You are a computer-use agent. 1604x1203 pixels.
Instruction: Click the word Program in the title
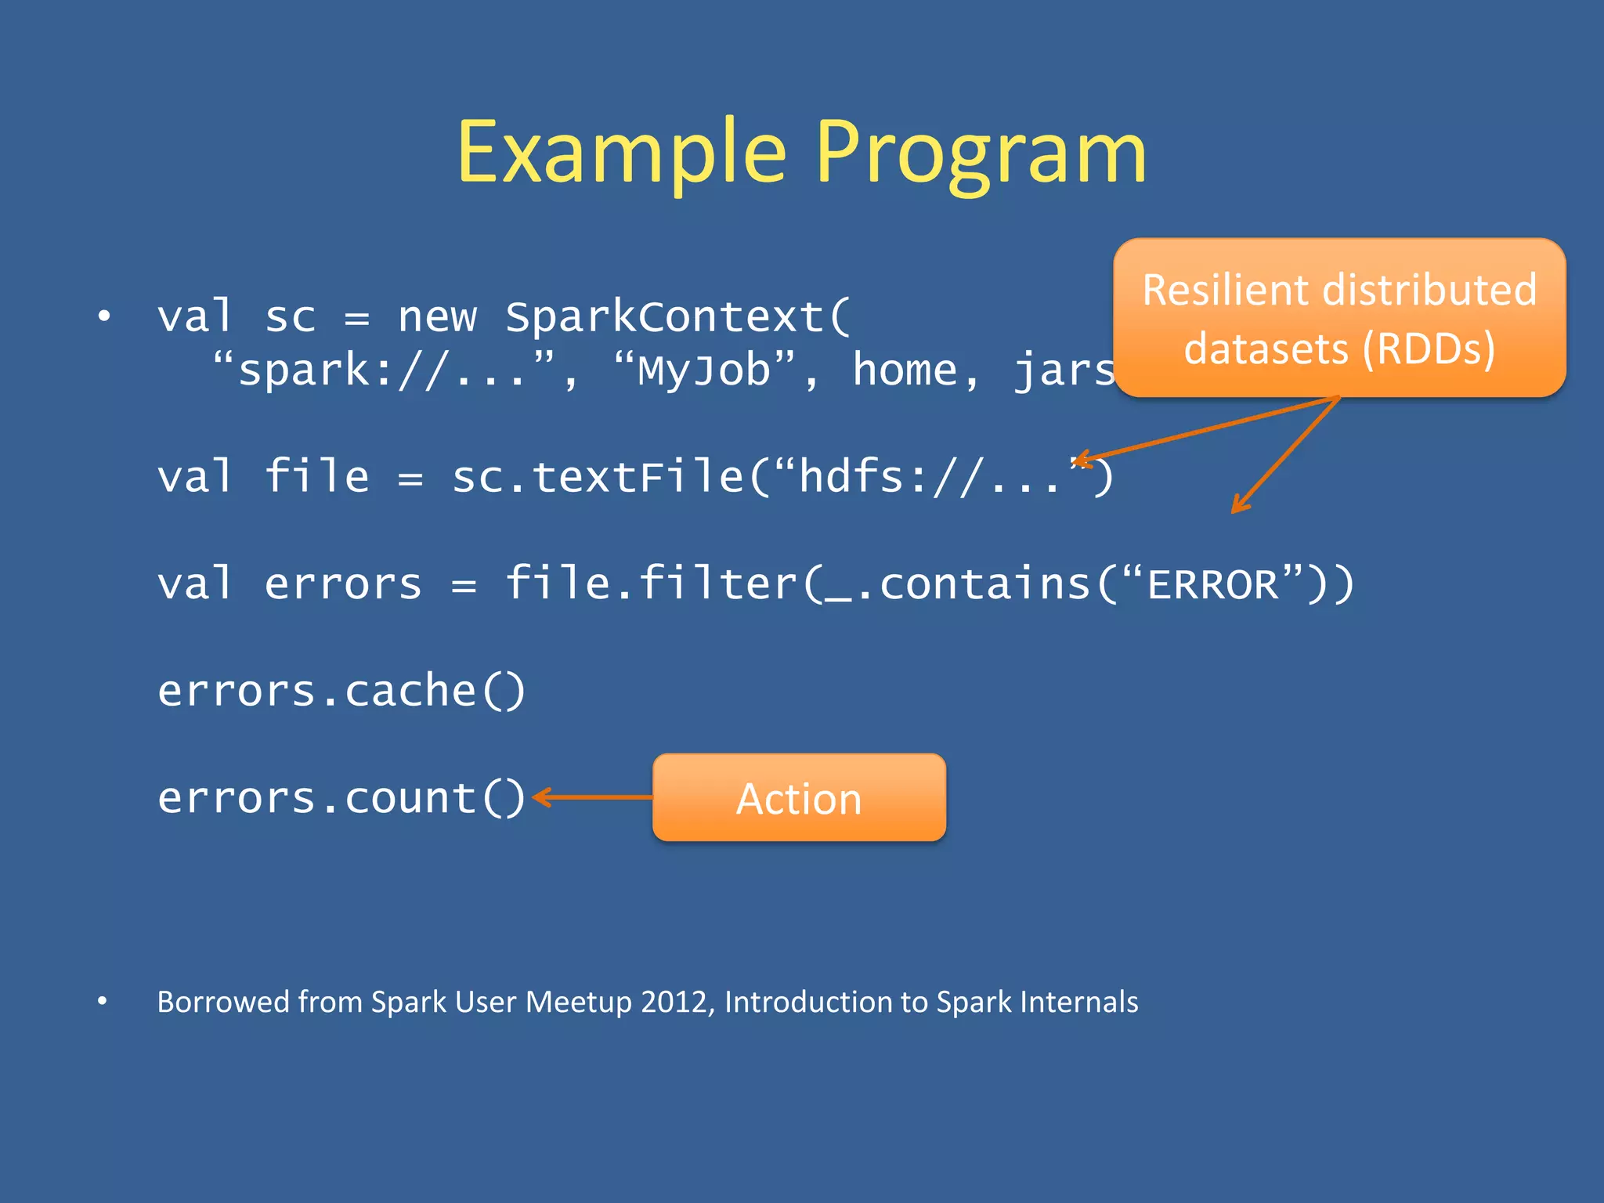pyautogui.click(x=981, y=153)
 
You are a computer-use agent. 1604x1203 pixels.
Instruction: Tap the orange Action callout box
pyautogui.click(x=799, y=798)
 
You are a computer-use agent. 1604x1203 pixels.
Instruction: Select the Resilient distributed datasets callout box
pyautogui.click(x=1339, y=318)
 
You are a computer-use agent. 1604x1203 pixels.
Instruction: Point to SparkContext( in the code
pyautogui.click(x=677, y=317)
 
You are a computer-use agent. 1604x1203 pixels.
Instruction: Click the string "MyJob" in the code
pyautogui.click(x=705, y=370)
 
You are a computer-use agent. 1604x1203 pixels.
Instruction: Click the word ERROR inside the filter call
pyautogui.click(x=1212, y=584)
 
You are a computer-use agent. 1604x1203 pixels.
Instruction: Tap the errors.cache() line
pyautogui.click(x=341, y=691)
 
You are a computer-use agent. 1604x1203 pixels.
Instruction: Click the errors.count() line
pyautogui.click(x=341, y=798)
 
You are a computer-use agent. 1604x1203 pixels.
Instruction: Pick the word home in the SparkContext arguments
pyautogui.click(x=905, y=370)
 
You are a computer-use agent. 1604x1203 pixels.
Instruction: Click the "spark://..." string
pyautogui.click(x=384, y=370)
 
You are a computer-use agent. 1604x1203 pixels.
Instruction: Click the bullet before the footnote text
pyautogui.click(x=103, y=1001)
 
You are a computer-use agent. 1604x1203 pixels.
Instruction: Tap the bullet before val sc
pyautogui.click(x=104, y=316)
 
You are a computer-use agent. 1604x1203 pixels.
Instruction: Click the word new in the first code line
pyautogui.click(x=437, y=317)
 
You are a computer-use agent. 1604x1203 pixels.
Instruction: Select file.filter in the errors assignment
pyautogui.click(x=650, y=584)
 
